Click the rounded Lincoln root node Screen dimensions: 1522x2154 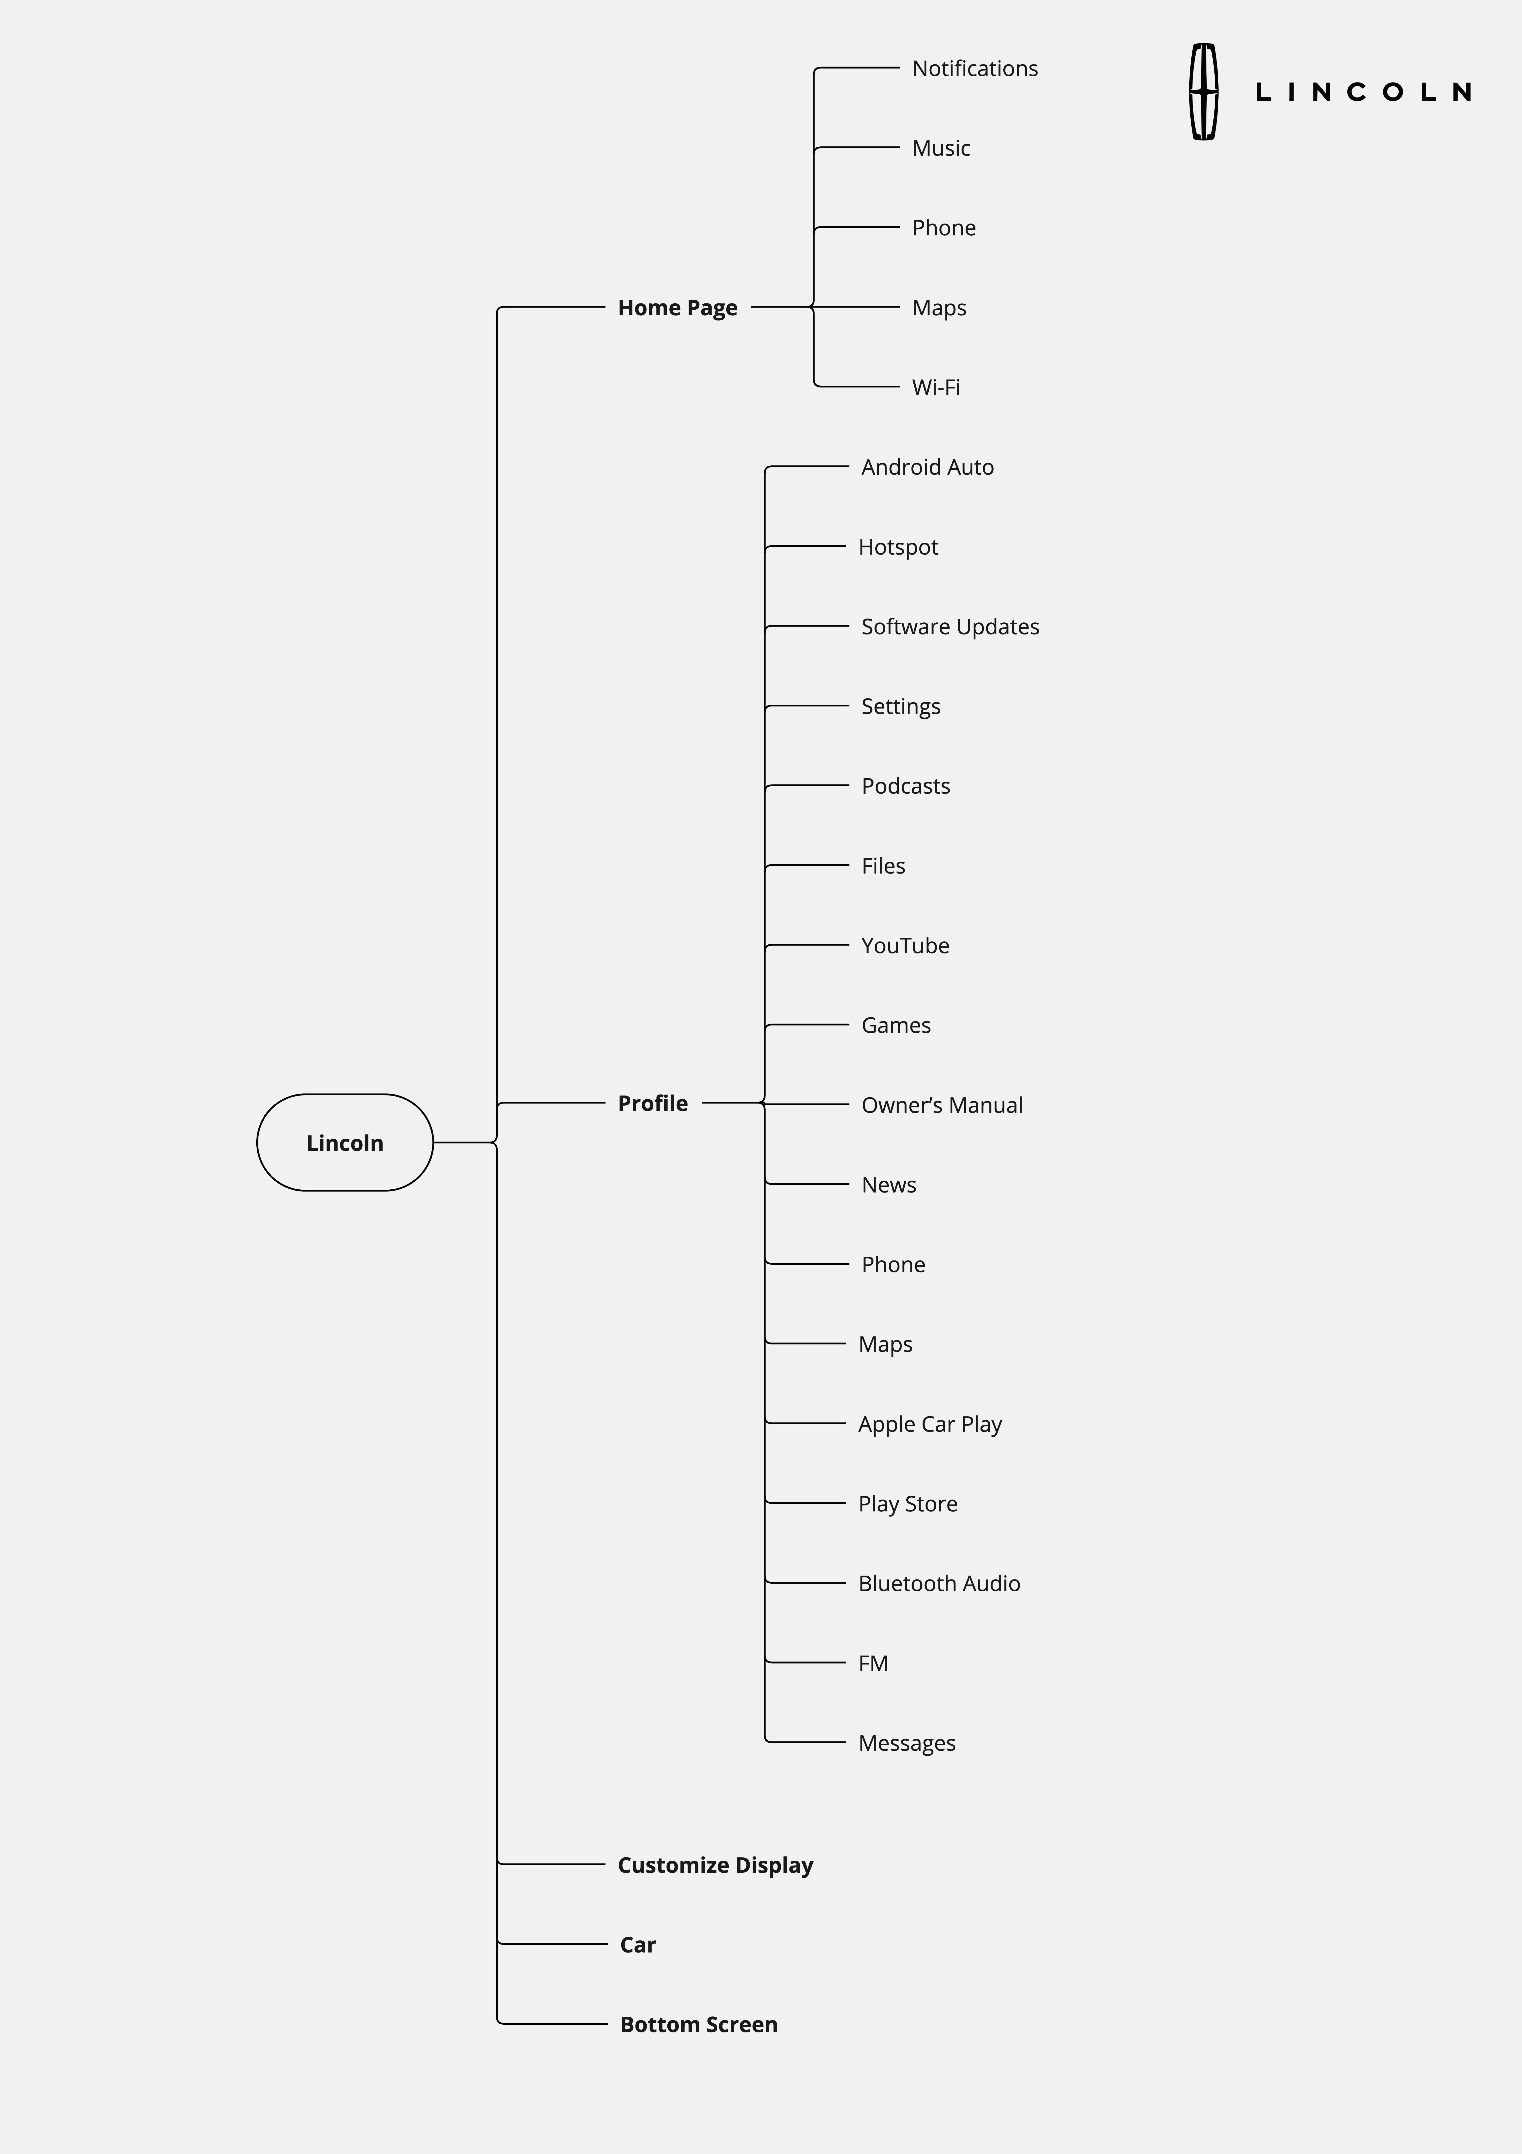coord(344,1143)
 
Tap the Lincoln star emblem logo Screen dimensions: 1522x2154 coord(1204,92)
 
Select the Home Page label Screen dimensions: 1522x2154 coord(677,308)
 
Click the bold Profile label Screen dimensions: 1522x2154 coord(652,1103)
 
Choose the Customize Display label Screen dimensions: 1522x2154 coord(715,1865)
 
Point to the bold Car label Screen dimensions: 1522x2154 coord(638,1945)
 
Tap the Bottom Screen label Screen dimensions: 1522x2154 coord(698,2025)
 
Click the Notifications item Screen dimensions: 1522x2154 coord(975,69)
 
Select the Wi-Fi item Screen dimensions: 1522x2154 coord(936,387)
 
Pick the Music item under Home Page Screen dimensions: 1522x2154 coord(941,148)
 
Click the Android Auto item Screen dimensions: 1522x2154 coord(927,467)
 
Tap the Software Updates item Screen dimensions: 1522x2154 coord(950,627)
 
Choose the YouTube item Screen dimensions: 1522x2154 coord(905,946)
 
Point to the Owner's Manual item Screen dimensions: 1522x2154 coord(941,1105)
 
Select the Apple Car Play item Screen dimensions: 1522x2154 coord(930,1424)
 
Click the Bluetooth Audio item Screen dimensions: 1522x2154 coord(938,1584)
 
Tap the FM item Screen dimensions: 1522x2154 coord(873,1663)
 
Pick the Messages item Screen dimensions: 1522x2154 coord(906,1743)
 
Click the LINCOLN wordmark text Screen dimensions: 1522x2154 coord(1362,92)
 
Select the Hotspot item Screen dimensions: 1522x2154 coord(898,547)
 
